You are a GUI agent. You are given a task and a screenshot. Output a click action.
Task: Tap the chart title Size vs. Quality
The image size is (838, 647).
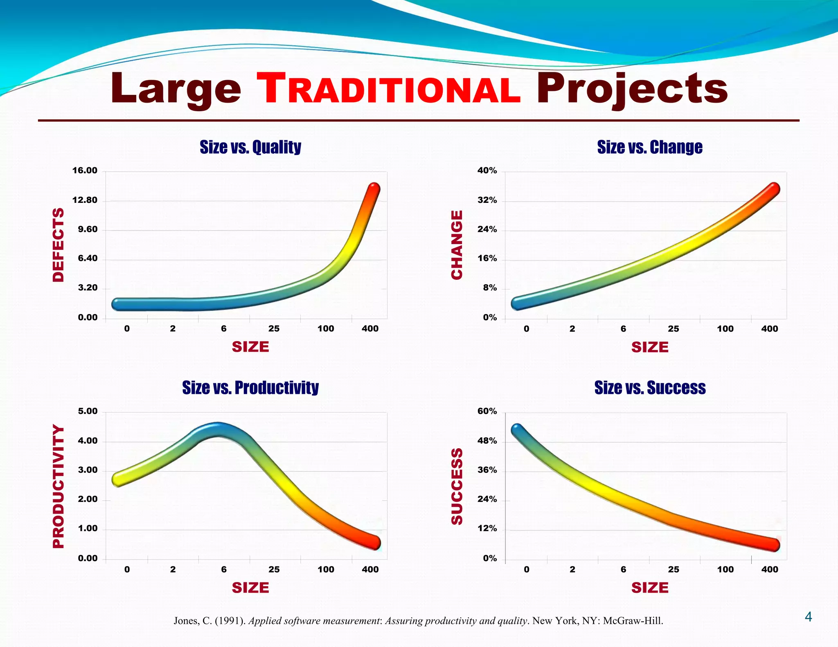250,147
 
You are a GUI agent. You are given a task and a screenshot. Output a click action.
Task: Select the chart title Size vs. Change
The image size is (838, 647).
650,147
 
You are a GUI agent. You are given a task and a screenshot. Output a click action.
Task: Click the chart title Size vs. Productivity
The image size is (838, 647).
250,388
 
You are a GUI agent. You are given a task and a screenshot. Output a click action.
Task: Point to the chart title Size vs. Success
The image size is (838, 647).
650,388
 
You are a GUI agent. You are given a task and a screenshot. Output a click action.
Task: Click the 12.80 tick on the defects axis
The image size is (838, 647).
85,200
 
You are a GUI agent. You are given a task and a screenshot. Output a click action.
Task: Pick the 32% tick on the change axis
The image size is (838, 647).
487,200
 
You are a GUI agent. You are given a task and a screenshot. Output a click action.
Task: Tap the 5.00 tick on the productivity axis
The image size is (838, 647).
88,411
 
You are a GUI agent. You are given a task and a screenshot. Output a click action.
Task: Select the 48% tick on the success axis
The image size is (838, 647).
487,441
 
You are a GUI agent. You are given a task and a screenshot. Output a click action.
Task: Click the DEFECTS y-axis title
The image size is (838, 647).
59,245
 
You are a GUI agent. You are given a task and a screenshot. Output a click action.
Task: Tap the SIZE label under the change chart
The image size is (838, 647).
650,347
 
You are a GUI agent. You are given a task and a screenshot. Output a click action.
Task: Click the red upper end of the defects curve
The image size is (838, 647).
374,190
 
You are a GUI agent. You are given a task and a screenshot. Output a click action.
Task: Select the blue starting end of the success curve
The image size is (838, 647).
517,430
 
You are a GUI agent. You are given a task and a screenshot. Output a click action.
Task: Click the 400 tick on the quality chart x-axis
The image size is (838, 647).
370,328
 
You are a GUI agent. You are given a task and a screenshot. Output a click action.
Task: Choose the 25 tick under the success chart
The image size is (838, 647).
674,569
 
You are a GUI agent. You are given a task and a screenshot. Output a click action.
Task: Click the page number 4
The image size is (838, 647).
808,617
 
